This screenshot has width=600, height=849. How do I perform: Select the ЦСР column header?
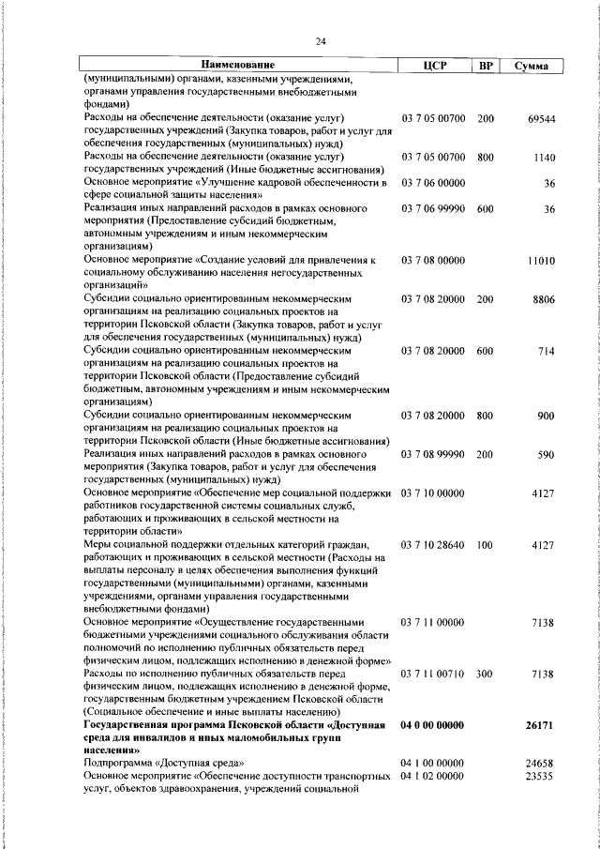pos(433,65)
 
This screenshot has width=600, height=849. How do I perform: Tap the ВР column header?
pos(486,65)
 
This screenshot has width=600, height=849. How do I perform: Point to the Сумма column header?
pos(532,66)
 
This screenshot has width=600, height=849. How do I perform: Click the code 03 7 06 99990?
pos(433,207)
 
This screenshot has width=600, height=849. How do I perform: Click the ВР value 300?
pos(486,673)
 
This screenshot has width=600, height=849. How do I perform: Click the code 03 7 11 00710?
pos(433,673)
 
